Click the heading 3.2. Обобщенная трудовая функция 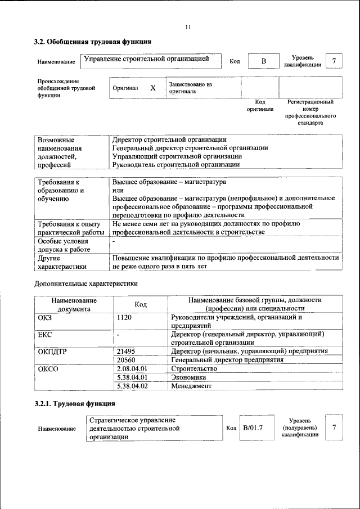93,42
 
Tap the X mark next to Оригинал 152,88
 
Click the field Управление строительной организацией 147,58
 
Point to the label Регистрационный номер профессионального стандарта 310,112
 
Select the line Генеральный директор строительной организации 190,148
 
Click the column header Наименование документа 74,304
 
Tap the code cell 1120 124,317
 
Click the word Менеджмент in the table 191,386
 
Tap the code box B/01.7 254,427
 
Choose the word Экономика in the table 188,377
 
